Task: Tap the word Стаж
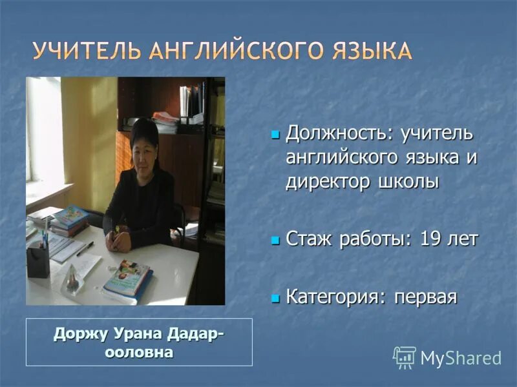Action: [309, 239]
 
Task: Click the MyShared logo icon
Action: [404, 357]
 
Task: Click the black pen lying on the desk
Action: [85, 248]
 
